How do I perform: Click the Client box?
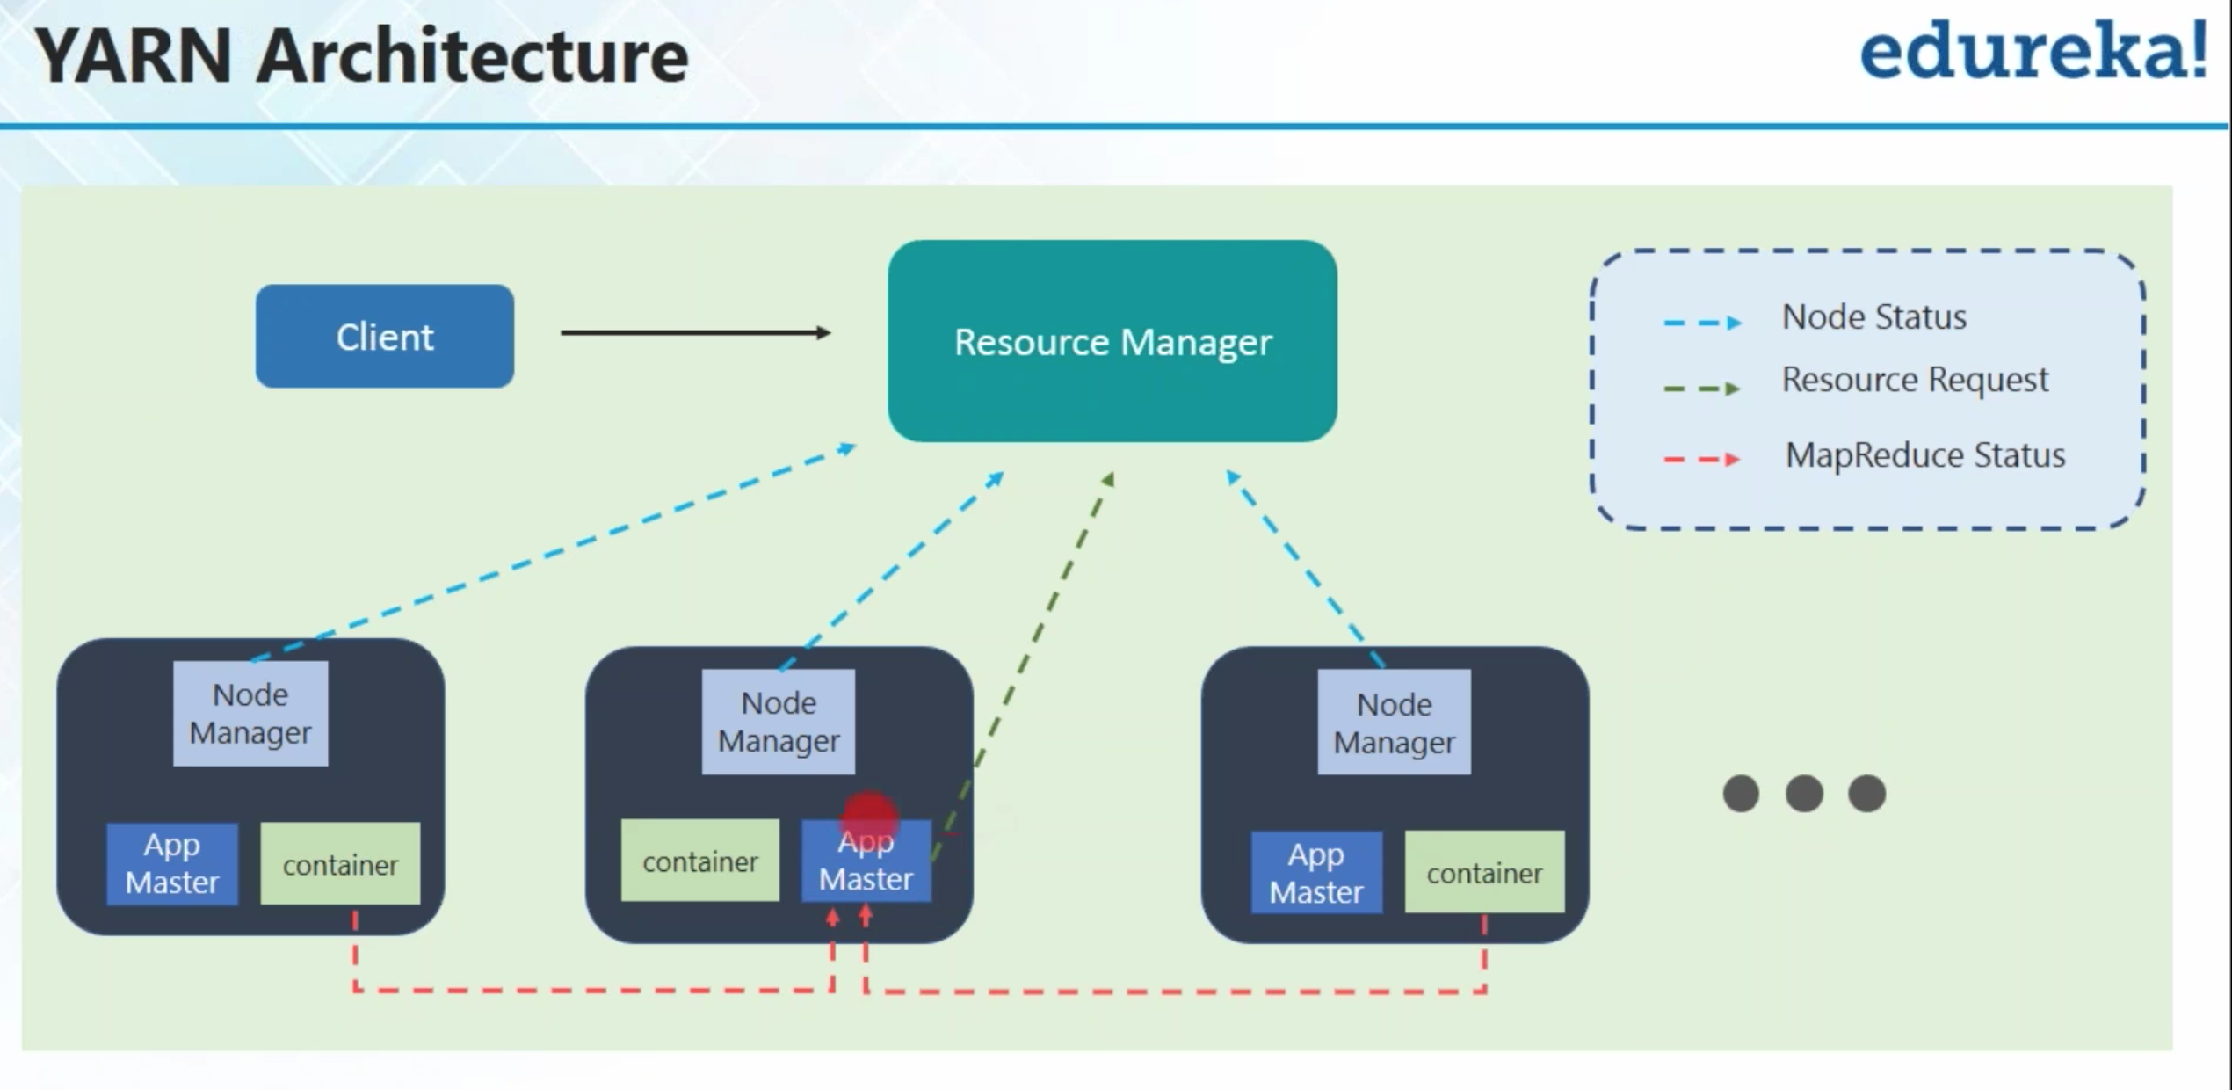click(385, 336)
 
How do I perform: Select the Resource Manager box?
click(1112, 341)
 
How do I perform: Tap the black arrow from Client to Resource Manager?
click(695, 332)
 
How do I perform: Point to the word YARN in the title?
click(133, 56)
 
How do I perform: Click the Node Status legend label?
click(1873, 316)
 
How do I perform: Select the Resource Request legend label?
click(1915, 380)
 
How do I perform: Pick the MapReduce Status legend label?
click(1925, 455)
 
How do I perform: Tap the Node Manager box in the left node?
click(250, 714)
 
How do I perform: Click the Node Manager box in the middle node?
click(779, 722)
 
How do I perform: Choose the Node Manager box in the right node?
click(1395, 723)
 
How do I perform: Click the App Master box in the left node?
click(172, 864)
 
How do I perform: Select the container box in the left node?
click(340, 864)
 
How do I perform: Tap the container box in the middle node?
click(700, 861)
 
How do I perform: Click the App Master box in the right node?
click(1316, 873)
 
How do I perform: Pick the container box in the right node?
click(1484, 872)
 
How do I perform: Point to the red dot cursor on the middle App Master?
click(870, 817)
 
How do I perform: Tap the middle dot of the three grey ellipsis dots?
click(1804, 794)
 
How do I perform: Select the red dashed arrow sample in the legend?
click(1702, 459)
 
